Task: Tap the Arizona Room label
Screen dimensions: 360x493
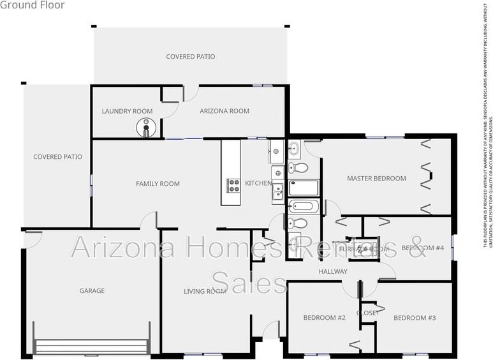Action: (x=224, y=111)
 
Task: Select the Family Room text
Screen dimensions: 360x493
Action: (x=158, y=184)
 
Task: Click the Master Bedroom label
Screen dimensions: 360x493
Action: (x=376, y=179)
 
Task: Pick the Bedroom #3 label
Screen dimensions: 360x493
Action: (x=414, y=318)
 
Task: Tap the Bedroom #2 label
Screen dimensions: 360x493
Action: (x=324, y=318)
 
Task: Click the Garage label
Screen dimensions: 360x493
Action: (x=92, y=291)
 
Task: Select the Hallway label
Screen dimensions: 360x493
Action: (x=333, y=272)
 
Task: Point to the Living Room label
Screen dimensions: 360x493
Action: (x=205, y=292)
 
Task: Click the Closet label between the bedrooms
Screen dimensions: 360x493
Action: (x=368, y=313)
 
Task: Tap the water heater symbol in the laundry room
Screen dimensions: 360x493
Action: (x=146, y=128)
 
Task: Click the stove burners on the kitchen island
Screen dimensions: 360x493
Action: (x=233, y=185)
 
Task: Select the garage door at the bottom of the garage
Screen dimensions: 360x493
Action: (x=92, y=347)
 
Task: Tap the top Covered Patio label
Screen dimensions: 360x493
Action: (x=190, y=57)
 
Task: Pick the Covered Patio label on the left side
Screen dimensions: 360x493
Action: (x=57, y=157)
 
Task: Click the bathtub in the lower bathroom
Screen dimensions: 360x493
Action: (x=303, y=206)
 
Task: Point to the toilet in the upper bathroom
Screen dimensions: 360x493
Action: (x=298, y=168)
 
